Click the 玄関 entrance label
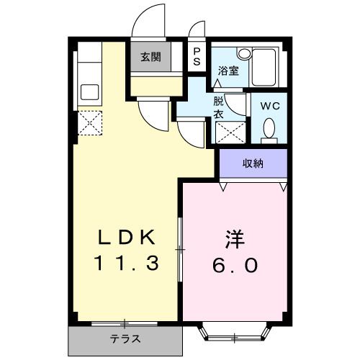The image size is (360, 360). [150, 58]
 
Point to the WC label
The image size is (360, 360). [269, 105]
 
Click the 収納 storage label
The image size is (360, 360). [253, 163]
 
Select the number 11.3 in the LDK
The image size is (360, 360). [127, 264]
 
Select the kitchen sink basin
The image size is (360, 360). [90, 92]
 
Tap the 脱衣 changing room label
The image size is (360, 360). [218, 107]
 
